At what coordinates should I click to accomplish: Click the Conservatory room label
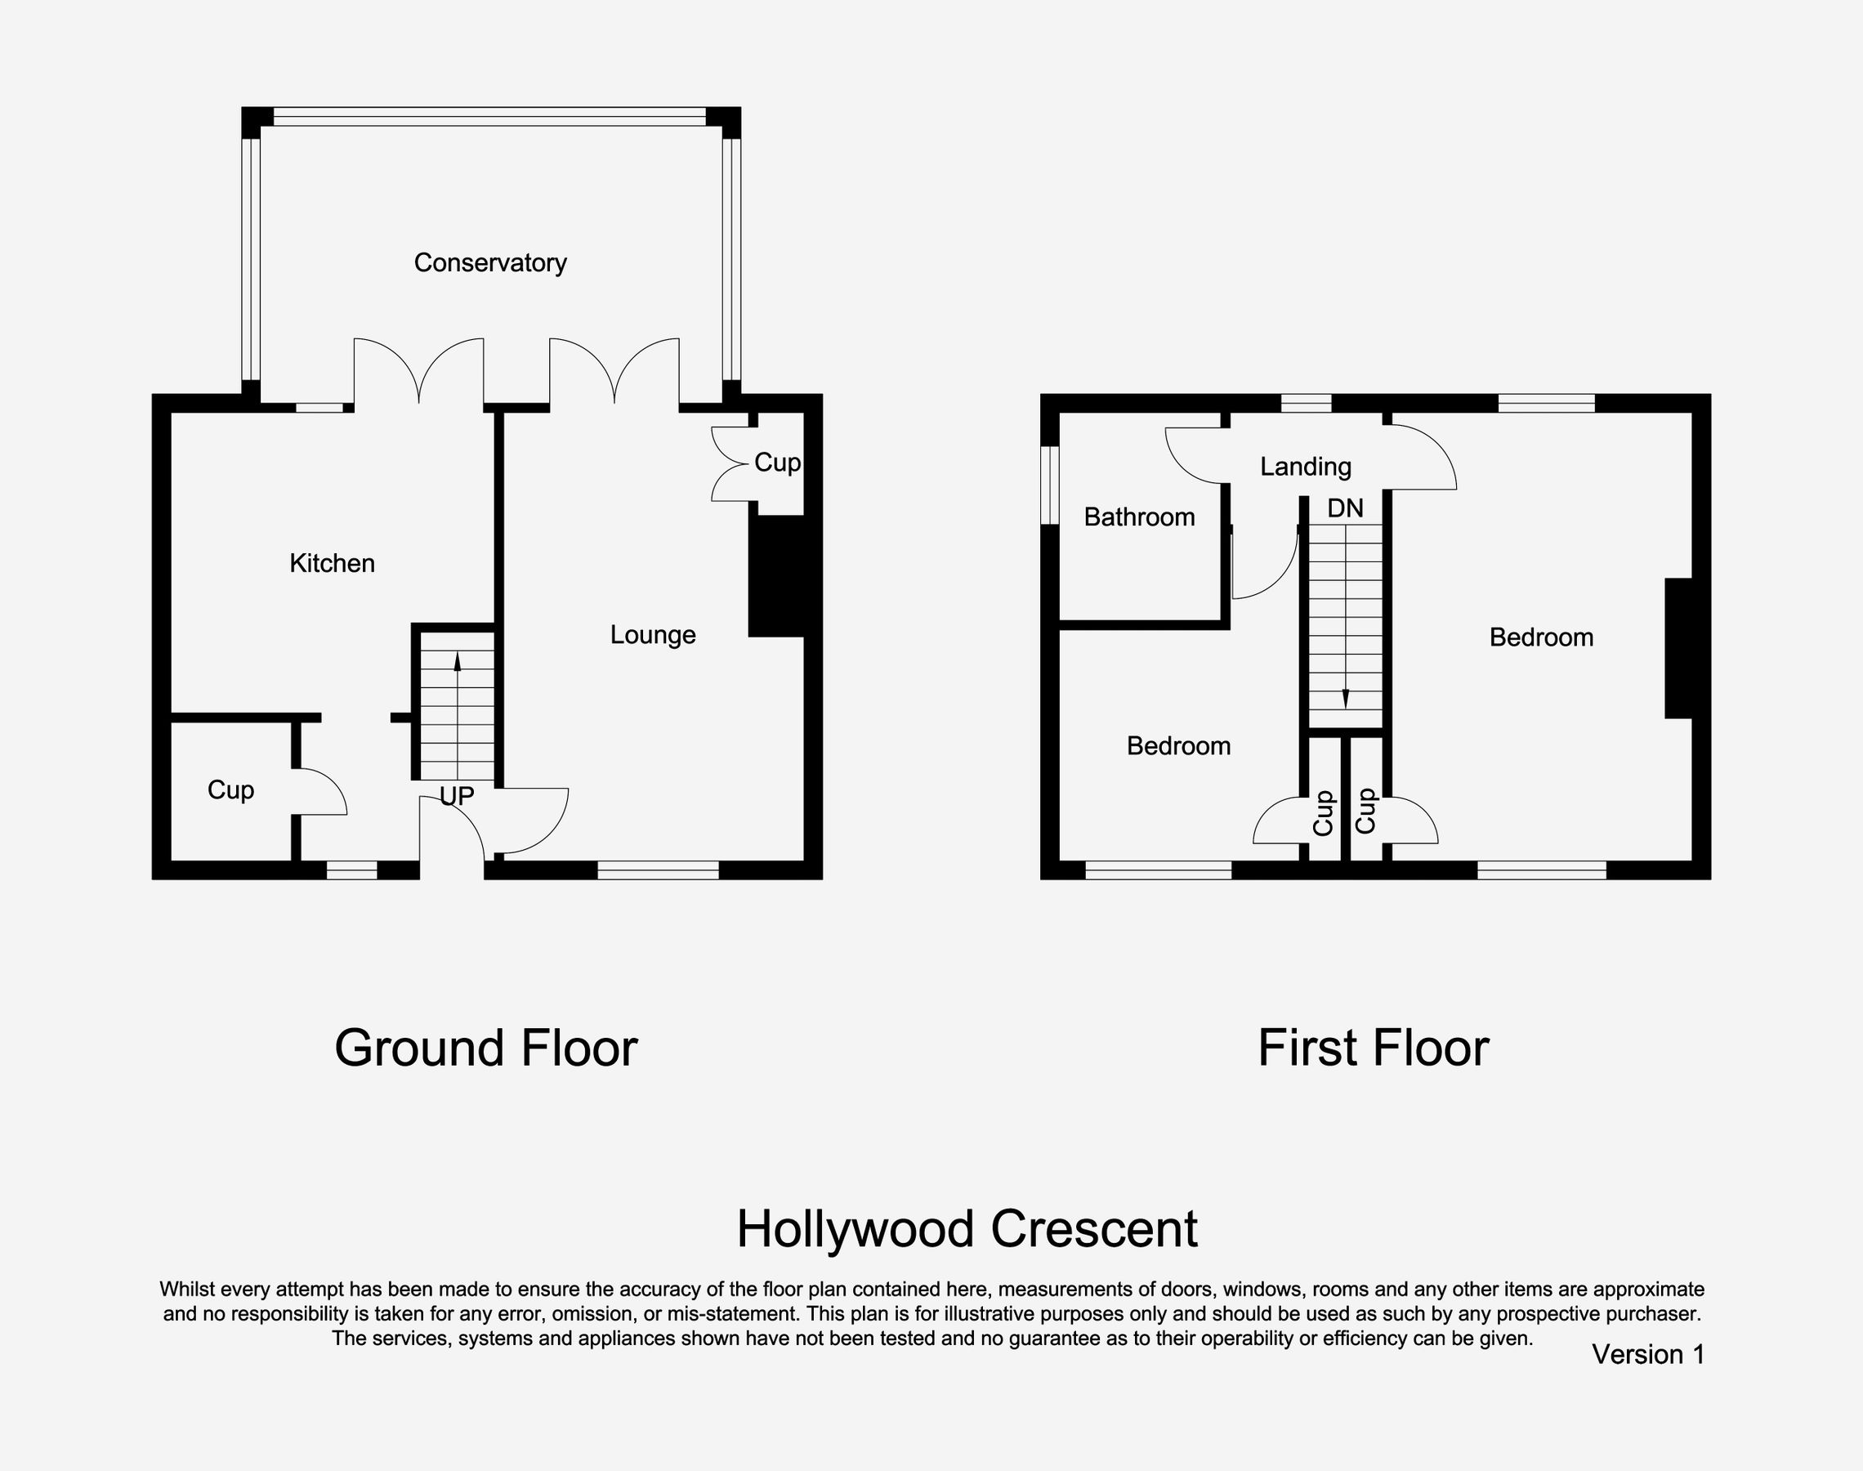tap(490, 262)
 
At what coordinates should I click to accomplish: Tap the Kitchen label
tap(332, 563)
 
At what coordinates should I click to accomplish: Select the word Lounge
tap(653, 636)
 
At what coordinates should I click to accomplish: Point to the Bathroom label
tap(1139, 516)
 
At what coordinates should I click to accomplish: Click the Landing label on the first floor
tap(1305, 467)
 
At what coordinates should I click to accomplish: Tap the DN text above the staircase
tap(1345, 508)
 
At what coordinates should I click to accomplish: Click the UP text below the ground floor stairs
tap(456, 796)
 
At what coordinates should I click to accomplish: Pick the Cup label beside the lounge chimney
tap(776, 463)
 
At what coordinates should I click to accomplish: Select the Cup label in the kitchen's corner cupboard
tap(230, 789)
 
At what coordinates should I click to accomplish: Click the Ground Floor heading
tap(485, 1048)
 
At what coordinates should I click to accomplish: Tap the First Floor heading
tap(1373, 1048)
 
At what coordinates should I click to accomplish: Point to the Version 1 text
tap(1648, 1354)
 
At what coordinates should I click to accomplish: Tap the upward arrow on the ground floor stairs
tap(457, 661)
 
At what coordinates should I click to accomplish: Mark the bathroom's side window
tap(1049, 484)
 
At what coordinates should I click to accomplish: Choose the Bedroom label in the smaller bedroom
tap(1177, 746)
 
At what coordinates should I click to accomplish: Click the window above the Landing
tap(1306, 403)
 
